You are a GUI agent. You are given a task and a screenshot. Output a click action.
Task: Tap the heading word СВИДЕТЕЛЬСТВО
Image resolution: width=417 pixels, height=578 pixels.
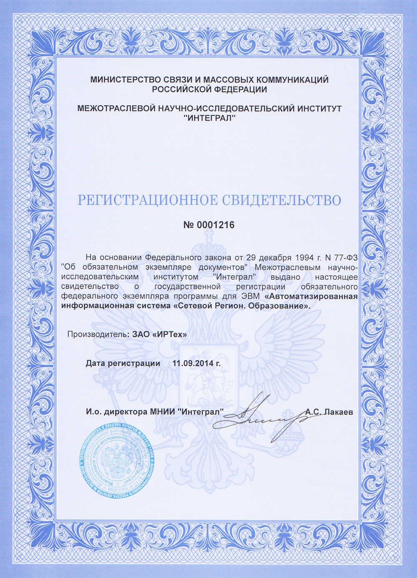[x=281, y=200]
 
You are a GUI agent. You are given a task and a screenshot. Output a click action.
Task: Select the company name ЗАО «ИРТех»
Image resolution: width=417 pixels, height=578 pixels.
[x=160, y=334]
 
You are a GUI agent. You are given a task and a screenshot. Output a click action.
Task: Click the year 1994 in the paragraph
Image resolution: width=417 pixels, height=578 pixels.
[x=306, y=257]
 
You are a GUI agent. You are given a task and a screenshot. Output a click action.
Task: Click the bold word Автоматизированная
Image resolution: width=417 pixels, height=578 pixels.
[x=311, y=296]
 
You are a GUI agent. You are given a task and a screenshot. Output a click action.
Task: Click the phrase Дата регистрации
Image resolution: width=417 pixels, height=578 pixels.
[x=123, y=363]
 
